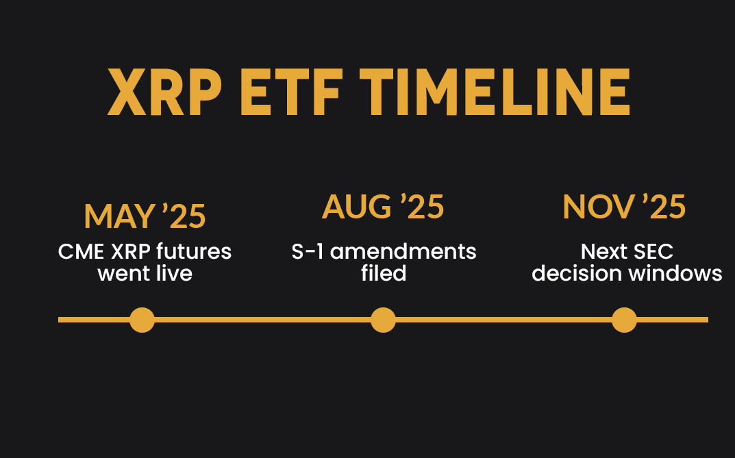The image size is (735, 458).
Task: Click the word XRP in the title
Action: coord(164,92)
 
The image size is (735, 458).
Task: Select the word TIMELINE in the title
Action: coord(495,92)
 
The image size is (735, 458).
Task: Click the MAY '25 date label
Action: coord(145,216)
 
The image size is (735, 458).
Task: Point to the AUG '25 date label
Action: coord(383,207)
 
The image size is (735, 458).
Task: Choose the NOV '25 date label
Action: coord(625,207)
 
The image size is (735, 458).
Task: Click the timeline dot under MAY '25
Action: coord(142,320)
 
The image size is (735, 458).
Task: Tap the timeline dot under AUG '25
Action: coord(383,320)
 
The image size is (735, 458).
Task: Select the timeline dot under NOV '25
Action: coord(625,320)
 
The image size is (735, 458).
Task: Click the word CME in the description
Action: coord(81,251)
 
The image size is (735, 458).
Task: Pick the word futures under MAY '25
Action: coord(194,251)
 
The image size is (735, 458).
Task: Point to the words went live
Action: coord(145,273)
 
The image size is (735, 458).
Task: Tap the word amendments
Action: coord(403,251)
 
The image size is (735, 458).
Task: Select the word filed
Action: coord(384,273)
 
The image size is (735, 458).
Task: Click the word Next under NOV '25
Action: coord(601,251)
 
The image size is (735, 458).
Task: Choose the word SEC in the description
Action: coord(650,251)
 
